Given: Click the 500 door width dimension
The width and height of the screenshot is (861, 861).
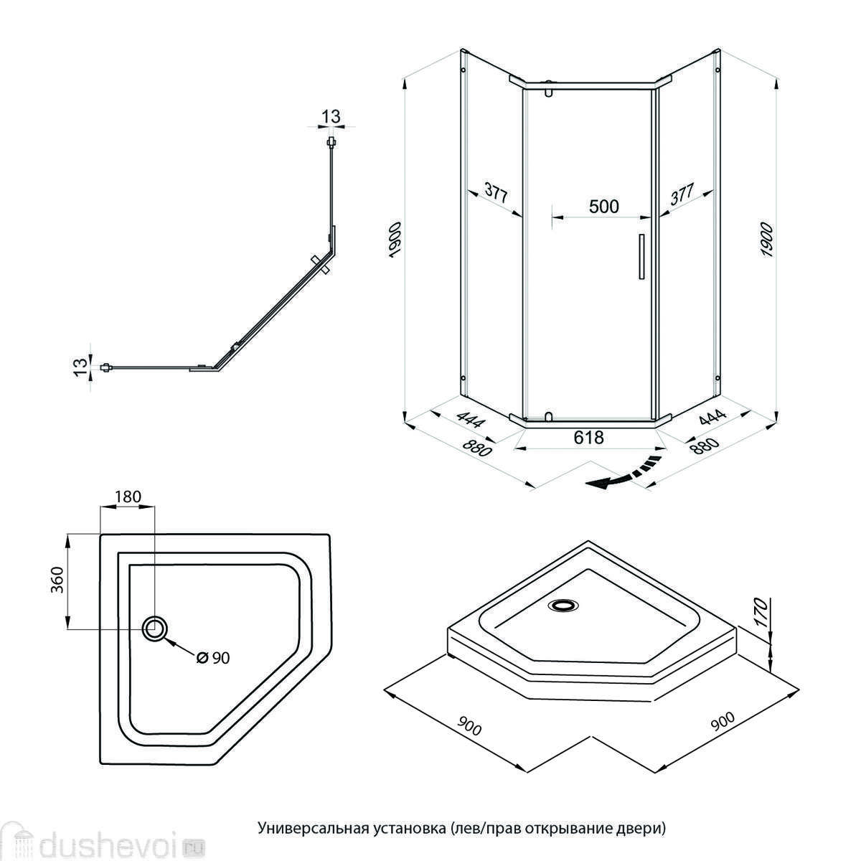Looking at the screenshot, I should (603, 207).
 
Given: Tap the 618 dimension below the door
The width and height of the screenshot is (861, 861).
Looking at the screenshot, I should (588, 437).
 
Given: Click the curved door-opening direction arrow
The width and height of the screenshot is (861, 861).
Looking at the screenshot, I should (621, 473).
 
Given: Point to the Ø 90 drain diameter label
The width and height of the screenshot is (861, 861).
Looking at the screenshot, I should (212, 657).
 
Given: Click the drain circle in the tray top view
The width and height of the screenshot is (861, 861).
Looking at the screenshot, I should (155, 629).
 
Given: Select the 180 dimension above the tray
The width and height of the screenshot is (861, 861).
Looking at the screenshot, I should (128, 496).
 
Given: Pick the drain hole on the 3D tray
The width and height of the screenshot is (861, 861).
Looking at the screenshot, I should (561, 606).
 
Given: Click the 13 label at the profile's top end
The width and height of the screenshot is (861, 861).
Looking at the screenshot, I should (331, 117).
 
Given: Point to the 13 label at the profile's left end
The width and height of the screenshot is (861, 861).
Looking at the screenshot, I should (82, 367).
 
